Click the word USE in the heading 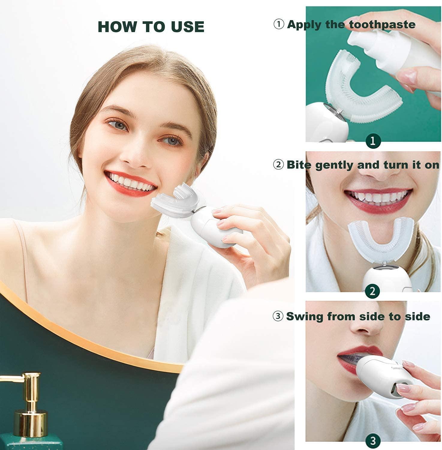coord(188,27)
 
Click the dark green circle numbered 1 coord(373,140)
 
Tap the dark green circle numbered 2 coord(373,291)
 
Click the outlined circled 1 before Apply coord(279,24)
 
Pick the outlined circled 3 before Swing coord(278,316)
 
